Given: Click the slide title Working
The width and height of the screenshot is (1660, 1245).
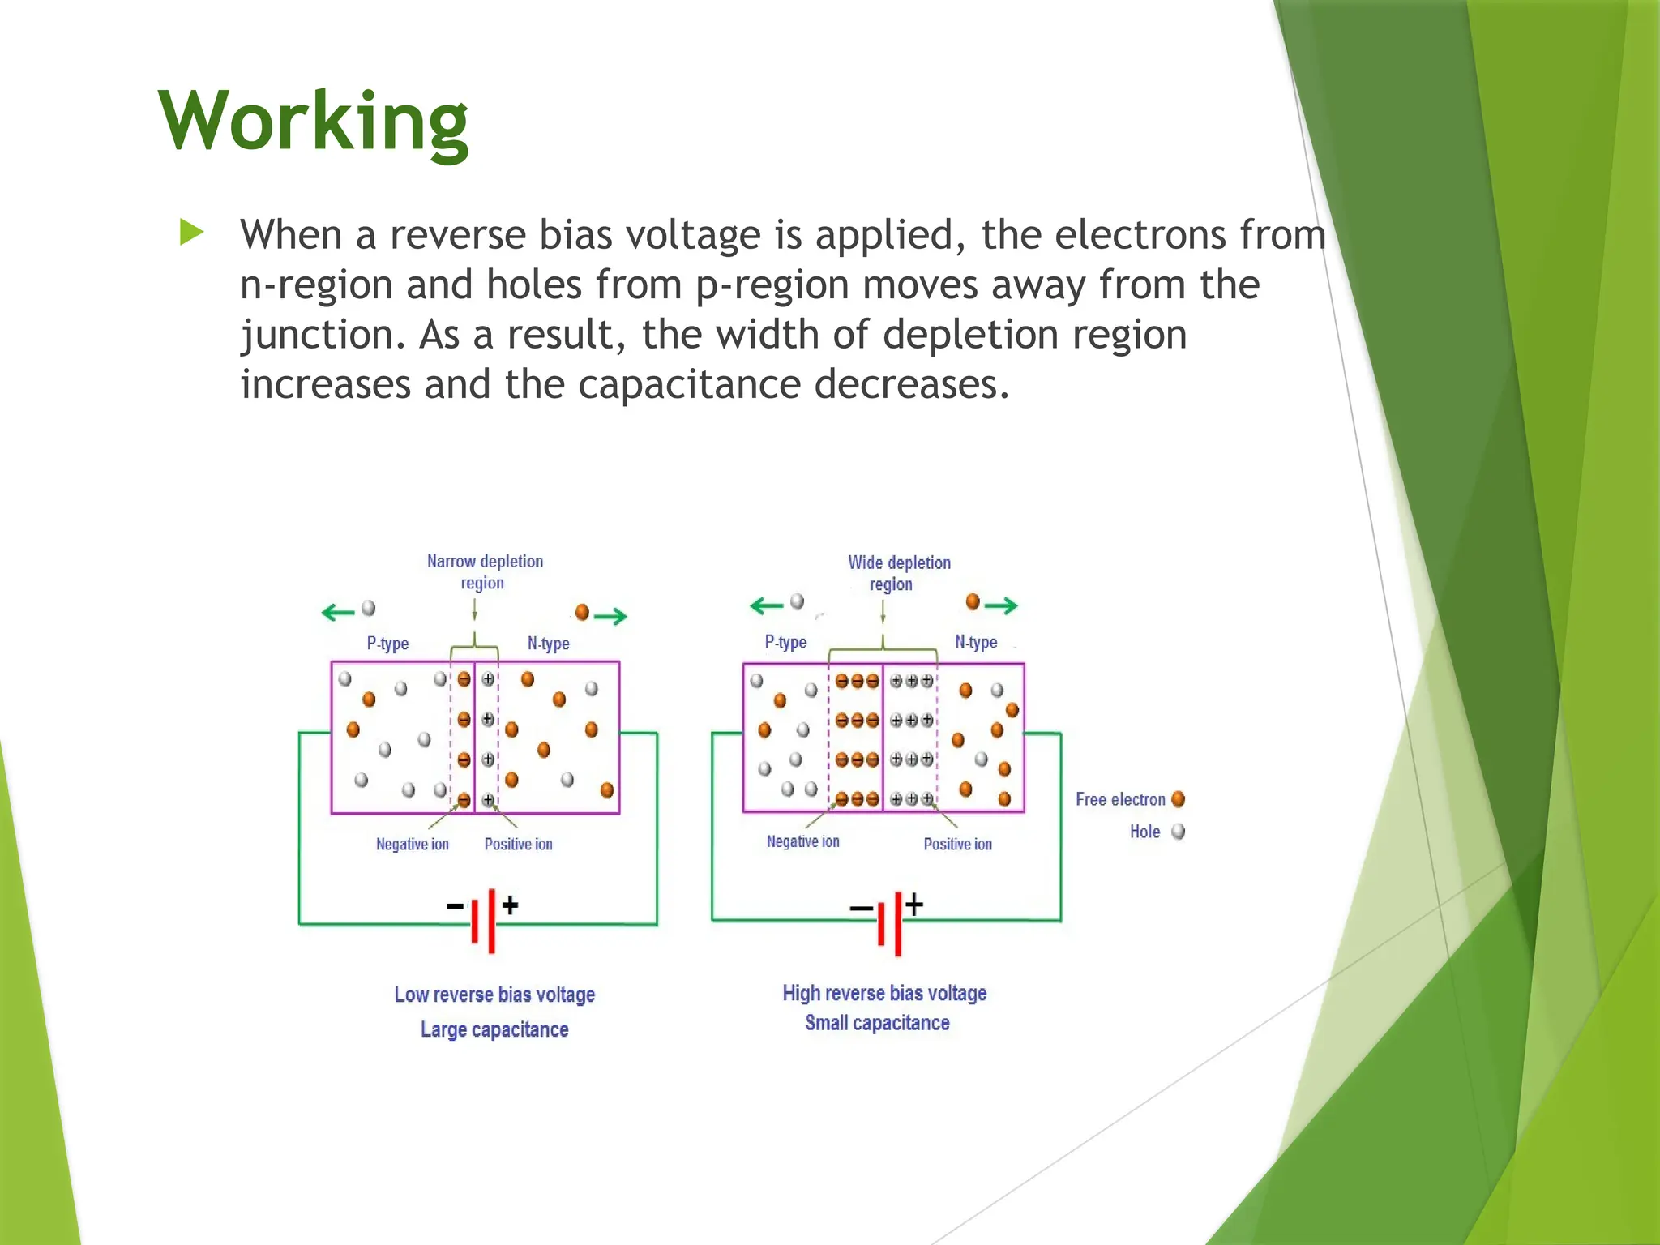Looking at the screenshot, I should (313, 122).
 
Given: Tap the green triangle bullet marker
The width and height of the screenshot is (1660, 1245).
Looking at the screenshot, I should (191, 233).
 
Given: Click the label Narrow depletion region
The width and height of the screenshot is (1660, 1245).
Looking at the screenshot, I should (485, 571).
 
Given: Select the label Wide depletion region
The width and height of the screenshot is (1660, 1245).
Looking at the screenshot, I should (898, 573).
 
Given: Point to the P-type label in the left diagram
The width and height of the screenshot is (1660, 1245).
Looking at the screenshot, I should (387, 644).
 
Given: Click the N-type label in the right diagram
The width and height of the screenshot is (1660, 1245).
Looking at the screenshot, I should (976, 642).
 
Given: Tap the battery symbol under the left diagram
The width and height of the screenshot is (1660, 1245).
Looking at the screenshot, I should (483, 919).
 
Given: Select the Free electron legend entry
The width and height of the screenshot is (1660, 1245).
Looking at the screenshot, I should (1129, 799).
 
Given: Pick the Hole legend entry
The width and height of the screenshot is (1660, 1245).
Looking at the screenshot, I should (1156, 832).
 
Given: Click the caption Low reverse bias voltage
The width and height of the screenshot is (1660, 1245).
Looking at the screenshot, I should (494, 995).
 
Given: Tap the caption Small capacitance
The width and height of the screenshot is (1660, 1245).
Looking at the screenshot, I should (877, 1023).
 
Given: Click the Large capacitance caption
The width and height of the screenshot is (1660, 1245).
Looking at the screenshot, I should (494, 1029).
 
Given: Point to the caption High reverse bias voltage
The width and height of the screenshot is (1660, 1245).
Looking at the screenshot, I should (884, 993).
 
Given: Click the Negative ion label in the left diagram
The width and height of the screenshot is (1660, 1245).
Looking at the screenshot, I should (412, 844).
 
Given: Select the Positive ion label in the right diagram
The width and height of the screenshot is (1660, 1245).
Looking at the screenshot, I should (957, 844).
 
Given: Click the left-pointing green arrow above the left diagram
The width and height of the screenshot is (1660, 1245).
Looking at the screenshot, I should (338, 612).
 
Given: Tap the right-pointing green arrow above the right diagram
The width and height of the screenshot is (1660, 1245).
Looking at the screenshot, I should (1001, 605).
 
